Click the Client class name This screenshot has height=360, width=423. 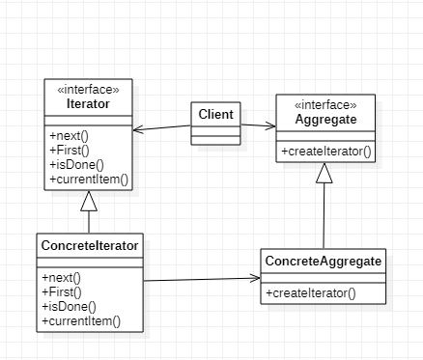[215, 115]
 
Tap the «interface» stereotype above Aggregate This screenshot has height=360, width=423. [324, 104]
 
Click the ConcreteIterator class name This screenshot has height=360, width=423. [90, 245]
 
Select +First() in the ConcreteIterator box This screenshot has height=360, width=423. [62, 291]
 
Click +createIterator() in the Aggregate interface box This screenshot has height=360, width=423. [326, 152]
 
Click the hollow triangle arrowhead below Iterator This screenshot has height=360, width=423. [89, 201]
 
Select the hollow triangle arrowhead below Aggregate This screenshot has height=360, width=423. [324, 173]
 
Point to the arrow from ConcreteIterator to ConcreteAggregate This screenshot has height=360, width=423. [203, 280]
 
